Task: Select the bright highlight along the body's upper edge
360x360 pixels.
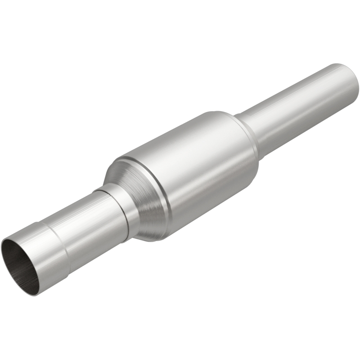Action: coord(180,130)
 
